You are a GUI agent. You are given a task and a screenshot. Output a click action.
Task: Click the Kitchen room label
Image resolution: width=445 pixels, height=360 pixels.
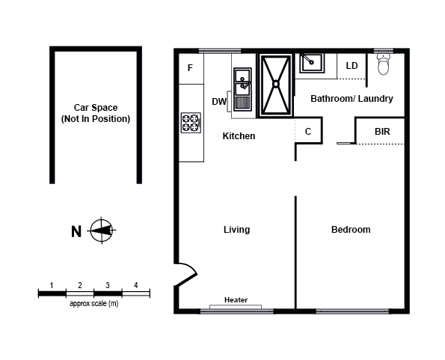(x=239, y=136)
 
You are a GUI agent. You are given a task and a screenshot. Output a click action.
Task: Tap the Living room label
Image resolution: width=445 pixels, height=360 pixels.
(x=236, y=230)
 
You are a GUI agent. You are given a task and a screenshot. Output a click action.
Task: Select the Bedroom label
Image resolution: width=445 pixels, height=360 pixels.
(x=351, y=230)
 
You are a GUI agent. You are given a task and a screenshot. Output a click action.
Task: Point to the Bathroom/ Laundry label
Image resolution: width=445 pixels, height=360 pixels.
(x=352, y=99)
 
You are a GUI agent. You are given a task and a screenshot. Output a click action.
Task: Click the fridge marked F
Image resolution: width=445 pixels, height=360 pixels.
(x=190, y=68)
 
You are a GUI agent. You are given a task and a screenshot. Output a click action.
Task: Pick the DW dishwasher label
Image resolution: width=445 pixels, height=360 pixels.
(x=219, y=102)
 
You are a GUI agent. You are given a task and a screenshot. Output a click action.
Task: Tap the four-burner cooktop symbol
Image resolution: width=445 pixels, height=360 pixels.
(x=191, y=123)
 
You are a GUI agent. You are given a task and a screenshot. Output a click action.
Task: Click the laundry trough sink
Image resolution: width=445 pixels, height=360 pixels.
(x=310, y=63)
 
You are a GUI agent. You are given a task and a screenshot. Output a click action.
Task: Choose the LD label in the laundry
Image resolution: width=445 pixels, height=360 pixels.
(x=352, y=66)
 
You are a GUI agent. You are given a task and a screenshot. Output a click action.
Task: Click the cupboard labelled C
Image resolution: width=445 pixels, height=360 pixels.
(x=308, y=131)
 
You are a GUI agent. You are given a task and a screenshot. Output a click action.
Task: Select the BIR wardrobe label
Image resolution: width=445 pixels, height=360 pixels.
(x=382, y=131)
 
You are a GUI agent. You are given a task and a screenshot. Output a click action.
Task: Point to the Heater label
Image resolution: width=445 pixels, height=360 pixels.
(x=236, y=300)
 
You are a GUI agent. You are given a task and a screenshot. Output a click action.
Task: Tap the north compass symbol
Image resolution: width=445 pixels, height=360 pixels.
(x=100, y=231)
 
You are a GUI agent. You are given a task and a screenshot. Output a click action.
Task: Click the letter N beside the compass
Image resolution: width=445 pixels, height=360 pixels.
(x=76, y=231)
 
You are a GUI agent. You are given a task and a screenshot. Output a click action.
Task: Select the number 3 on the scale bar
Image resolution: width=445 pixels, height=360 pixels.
(x=108, y=285)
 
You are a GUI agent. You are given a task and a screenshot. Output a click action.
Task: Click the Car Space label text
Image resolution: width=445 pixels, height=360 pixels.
(x=95, y=113)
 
